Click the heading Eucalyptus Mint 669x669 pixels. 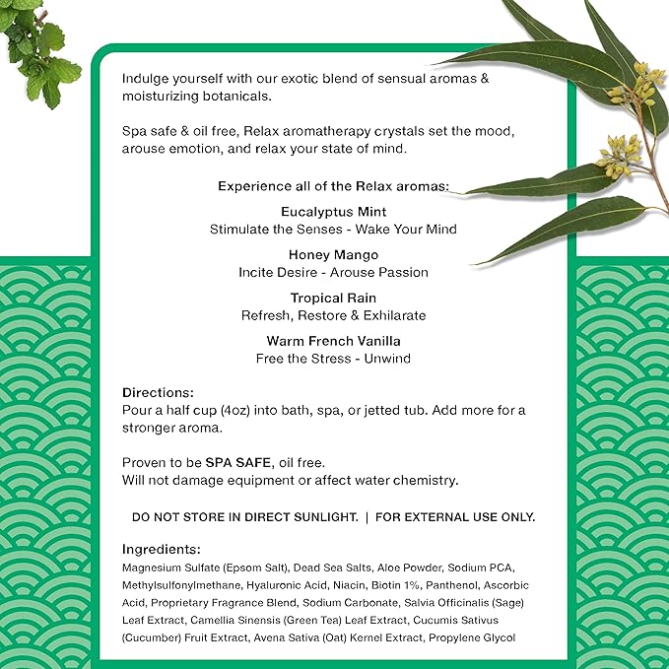pos(333,212)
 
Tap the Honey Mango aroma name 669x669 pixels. pos(333,254)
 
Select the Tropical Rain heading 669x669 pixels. pos(333,298)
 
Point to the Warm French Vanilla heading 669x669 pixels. pos(333,341)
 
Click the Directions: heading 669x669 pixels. pos(158,392)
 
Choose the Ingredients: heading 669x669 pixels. pos(162,549)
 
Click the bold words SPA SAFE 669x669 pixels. pos(236,463)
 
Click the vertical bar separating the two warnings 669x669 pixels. pos(367,517)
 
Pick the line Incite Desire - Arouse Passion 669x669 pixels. pos(333,272)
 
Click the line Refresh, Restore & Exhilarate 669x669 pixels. pos(333,315)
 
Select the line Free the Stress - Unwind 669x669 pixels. pos(333,359)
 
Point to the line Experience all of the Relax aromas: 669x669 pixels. pos(333,185)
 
